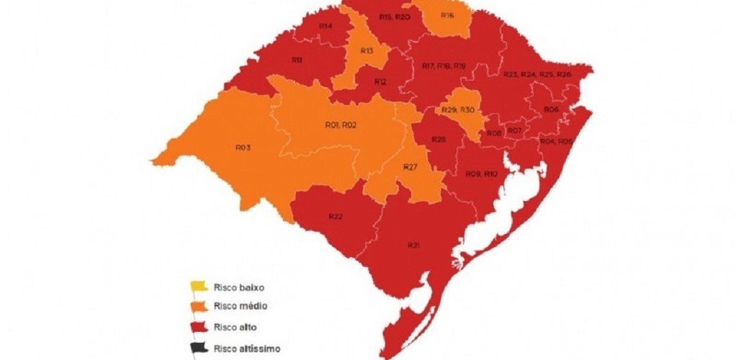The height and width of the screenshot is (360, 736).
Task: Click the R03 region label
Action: pos(243,147)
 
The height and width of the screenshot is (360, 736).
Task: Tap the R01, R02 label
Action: pos(341,125)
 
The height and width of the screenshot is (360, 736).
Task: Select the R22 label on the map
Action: pos(335,216)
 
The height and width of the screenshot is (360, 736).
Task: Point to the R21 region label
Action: pos(413,246)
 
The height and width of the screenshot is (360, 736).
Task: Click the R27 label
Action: pos(410,167)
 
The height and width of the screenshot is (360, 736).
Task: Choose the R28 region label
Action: pos(439,138)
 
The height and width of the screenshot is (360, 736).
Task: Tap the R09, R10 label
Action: pos(481,174)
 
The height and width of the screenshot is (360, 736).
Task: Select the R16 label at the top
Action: pos(447,15)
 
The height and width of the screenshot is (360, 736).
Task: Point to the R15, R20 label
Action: pos(394,17)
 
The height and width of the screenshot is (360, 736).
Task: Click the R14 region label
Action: pos(326,27)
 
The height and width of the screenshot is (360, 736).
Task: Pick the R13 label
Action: pos(367,51)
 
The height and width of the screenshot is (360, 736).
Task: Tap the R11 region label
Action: pos(296,60)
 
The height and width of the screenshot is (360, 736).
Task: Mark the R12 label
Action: pos(380,82)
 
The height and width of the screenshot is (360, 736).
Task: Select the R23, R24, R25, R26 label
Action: pos(537,74)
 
